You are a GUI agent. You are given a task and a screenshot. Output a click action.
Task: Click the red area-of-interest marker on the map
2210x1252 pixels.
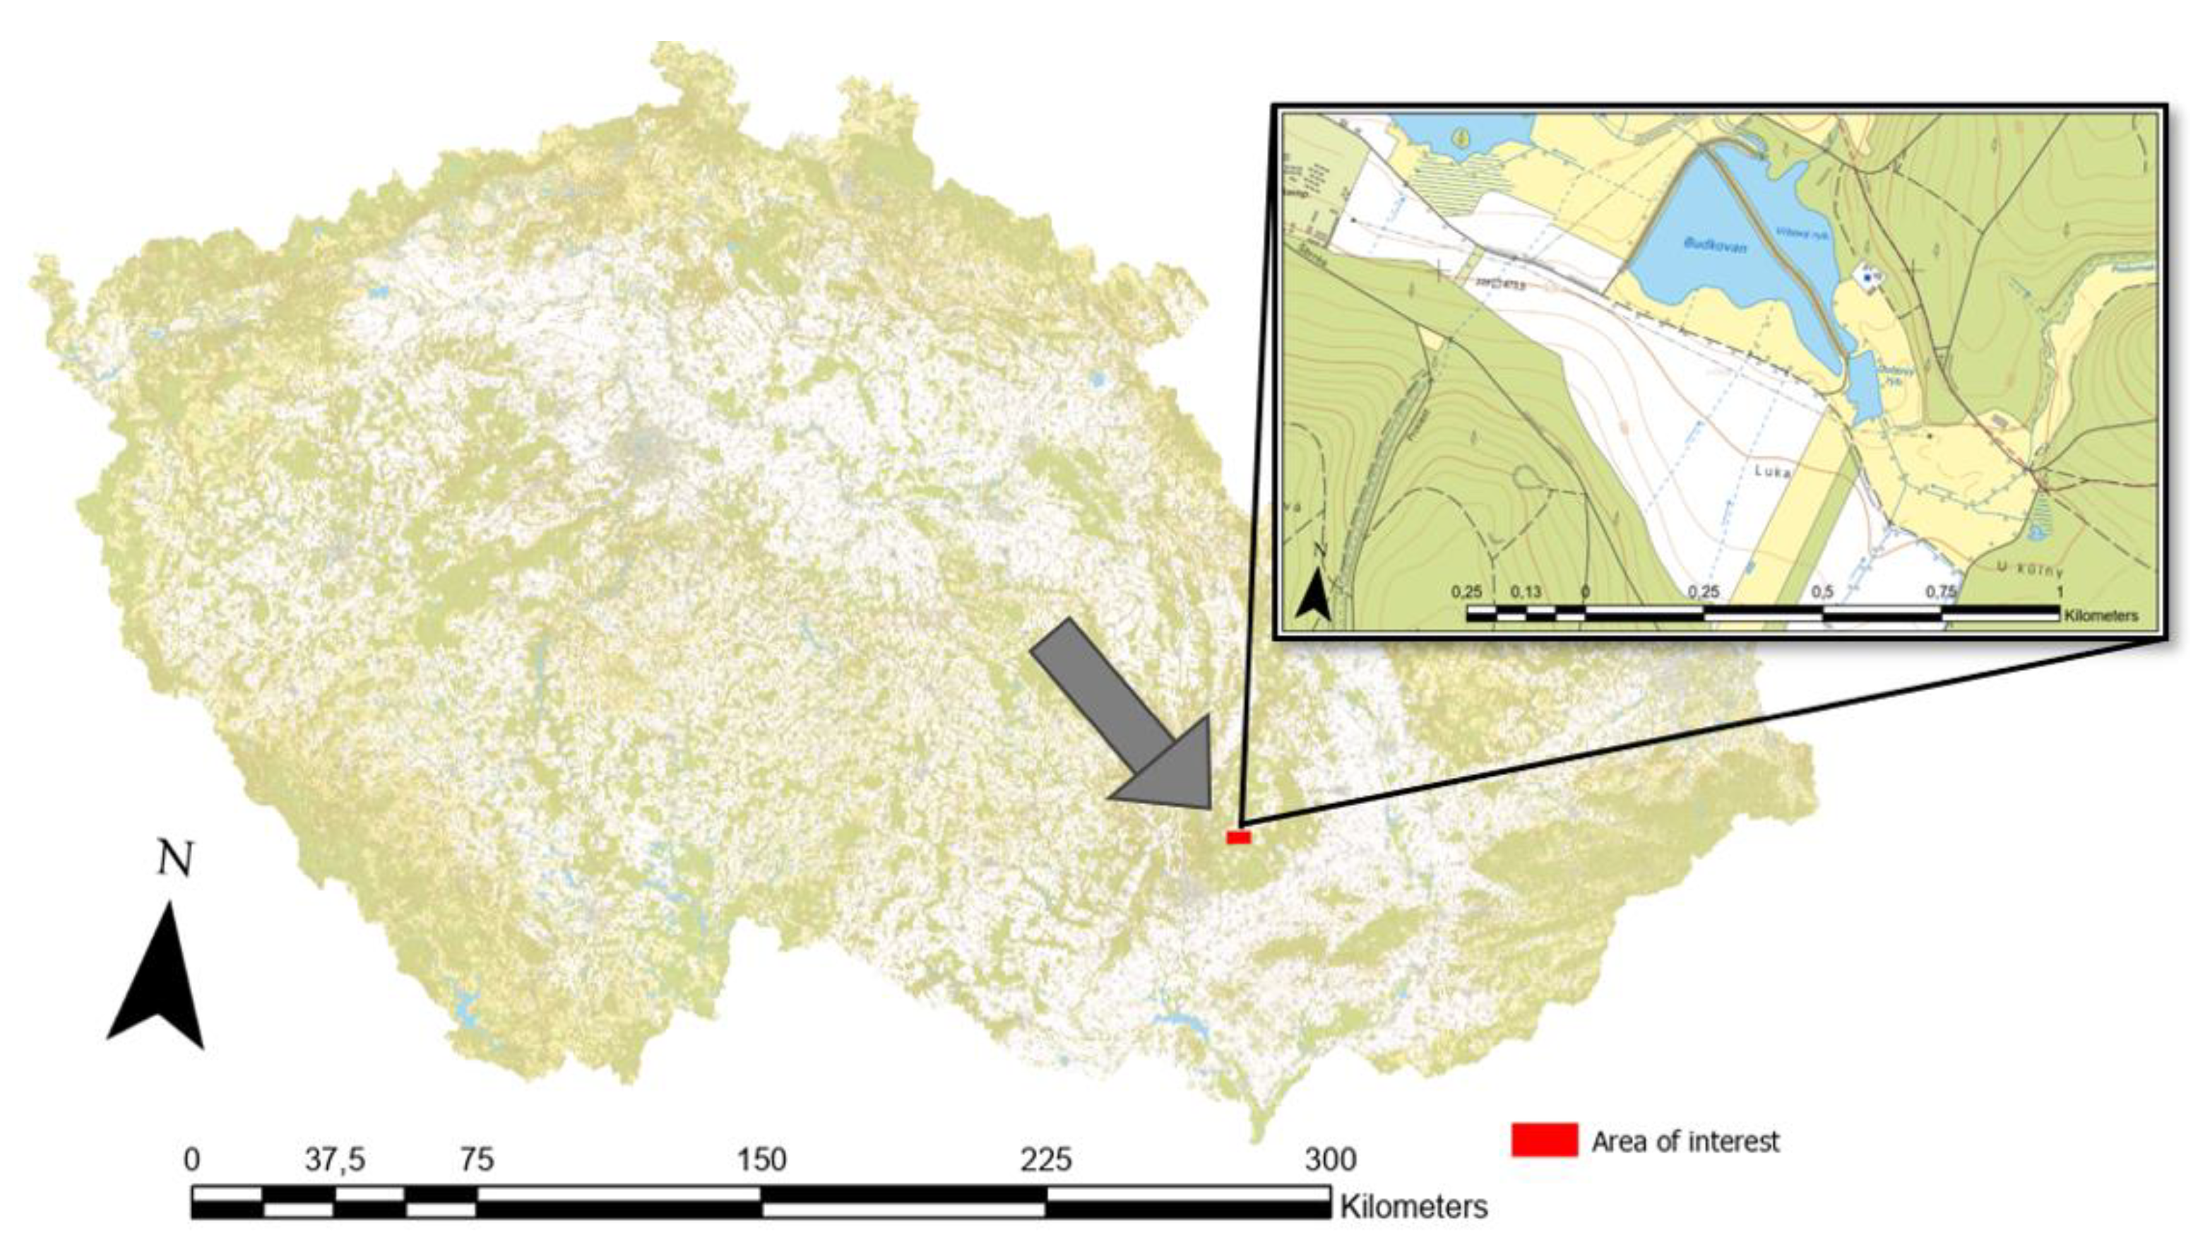1238,837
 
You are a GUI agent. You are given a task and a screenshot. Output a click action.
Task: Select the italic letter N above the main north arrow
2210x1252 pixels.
175,860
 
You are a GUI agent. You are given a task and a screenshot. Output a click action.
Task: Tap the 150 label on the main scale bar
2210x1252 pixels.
761,1160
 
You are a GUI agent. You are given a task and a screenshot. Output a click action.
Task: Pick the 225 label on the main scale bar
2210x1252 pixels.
1045,1160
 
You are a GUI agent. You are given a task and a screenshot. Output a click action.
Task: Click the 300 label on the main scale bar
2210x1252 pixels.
1331,1160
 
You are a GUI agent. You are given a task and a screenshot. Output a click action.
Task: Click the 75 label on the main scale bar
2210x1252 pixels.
476,1160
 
